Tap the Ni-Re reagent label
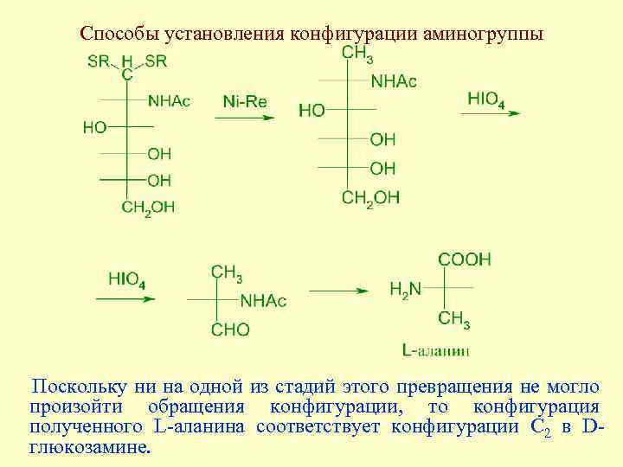coord(245,102)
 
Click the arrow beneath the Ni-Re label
coord(244,118)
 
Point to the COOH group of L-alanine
coord(465,259)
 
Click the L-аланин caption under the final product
coord(436,350)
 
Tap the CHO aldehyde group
coord(230,329)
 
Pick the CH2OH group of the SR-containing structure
coord(147,208)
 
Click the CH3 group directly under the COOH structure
coord(454,320)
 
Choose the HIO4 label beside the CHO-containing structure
coord(127,280)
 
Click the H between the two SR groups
coord(127,61)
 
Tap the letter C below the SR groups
coord(127,75)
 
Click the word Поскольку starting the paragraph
coord(74,387)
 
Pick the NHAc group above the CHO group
coord(263,301)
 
